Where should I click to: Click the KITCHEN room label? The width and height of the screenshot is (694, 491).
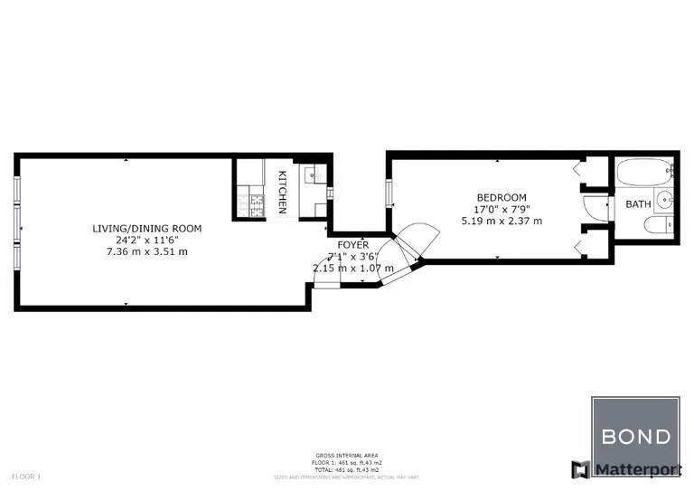coord(283,192)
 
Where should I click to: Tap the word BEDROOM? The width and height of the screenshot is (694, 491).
coord(502,197)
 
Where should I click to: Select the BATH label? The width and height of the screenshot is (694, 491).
coord(638,204)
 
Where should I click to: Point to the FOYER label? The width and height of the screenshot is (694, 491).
coord(352,245)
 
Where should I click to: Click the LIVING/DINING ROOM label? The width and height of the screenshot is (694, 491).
coord(147,228)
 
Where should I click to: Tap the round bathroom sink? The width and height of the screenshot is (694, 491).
coord(662,200)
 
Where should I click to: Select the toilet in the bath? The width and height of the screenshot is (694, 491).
coord(661,224)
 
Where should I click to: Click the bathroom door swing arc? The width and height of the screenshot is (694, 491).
coord(595,207)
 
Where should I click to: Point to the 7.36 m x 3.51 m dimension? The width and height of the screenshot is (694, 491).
coord(147,251)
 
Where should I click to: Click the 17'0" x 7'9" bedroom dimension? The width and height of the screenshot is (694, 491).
coord(502,209)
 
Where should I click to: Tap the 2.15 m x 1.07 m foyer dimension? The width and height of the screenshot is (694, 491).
coord(352,269)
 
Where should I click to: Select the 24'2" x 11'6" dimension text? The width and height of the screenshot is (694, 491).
coord(147,240)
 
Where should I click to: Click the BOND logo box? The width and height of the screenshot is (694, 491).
coord(635,438)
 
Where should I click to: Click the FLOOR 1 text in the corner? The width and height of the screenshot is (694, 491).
coord(25,476)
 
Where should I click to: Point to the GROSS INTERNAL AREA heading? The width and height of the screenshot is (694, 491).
coord(346,455)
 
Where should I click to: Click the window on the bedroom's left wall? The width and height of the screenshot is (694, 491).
coord(389,193)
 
